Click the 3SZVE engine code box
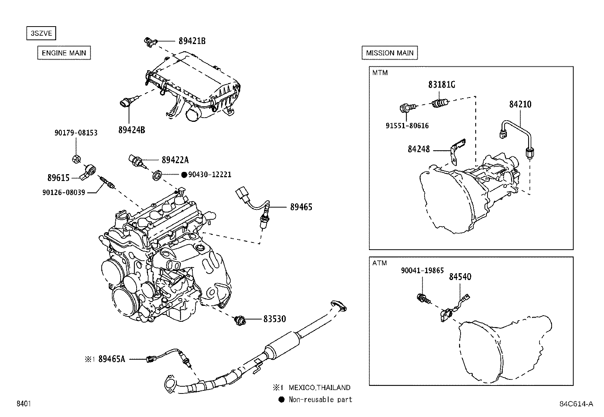41,33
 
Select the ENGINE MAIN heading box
64,53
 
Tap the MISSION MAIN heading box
389,53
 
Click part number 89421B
192,41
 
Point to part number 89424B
131,130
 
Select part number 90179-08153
76,133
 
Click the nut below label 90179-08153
76,159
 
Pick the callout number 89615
58,178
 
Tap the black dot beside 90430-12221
184,175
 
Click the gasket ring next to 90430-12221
157,175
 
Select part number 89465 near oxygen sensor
301,207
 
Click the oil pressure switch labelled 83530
240,320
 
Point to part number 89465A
112,359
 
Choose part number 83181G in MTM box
442,85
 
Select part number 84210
520,104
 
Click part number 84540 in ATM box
460,277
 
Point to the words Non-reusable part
320,400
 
